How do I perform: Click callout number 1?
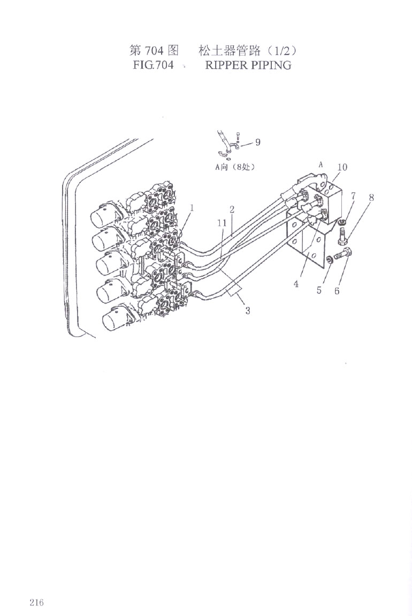pyautogui.click(x=192, y=208)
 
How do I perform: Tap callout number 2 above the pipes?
pyautogui.click(x=232, y=209)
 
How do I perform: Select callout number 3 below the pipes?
pyautogui.click(x=248, y=311)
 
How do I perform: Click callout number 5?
pyautogui.click(x=319, y=290)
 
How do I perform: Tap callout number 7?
pyautogui.click(x=353, y=196)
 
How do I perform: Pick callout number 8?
pyautogui.click(x=371, y=197)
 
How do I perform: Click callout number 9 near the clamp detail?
pyautogui.click(x=258, y=142)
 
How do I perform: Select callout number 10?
pyautogui.click(x=342, y=167)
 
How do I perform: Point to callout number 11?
pyautogui.click(x=222, y=223)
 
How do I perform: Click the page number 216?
pyautogui.click(x=36, y=602)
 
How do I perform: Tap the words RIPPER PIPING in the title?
pyautogui.click(x=248, y=65)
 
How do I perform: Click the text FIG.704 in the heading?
pyautogui.click(x=153, y=65)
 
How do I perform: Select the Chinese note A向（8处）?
pyautogui.click(x=234, y=167)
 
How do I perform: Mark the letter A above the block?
pyautogui.click(x=321, y=165)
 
